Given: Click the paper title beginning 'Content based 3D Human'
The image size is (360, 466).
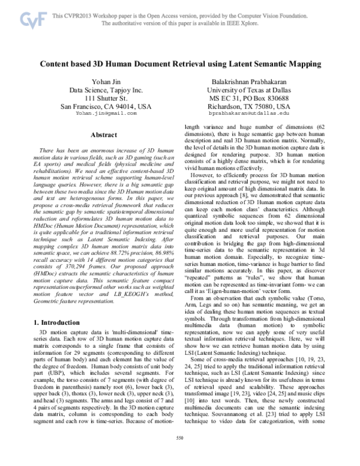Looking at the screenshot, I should [179, 63].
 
